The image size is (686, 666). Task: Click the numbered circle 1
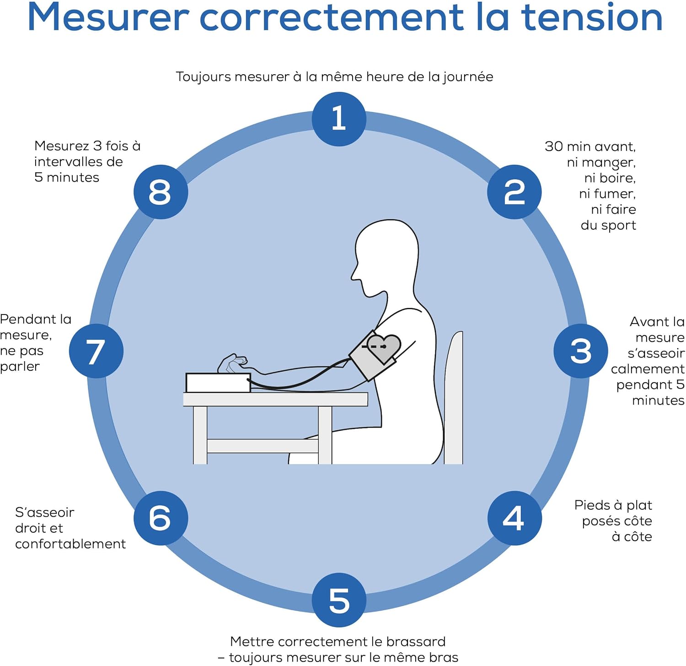339,119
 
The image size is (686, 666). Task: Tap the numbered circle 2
514,192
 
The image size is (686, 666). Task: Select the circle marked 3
581,351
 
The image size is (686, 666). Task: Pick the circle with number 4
514,518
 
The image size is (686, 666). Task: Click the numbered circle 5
339,600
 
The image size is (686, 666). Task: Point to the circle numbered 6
161,518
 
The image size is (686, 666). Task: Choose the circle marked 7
96,351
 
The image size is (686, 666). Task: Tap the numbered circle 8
161,192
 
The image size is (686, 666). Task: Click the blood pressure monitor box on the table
218,383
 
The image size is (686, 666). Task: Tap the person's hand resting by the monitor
233,363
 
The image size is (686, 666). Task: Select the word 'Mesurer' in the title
108,17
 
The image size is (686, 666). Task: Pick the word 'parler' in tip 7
20,367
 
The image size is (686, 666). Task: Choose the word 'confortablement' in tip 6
70,544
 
